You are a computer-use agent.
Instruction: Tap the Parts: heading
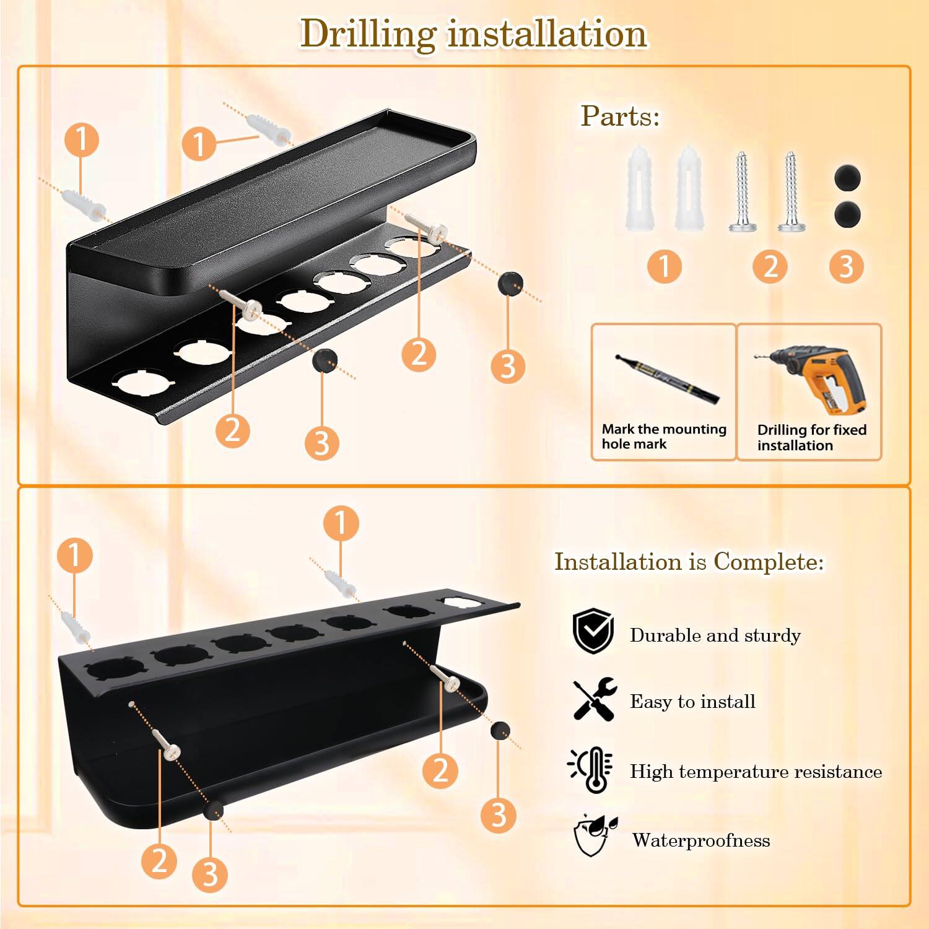point(620,116)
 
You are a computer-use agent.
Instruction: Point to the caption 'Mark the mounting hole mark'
point(663,437)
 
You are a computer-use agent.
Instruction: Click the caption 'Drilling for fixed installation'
point(811,437)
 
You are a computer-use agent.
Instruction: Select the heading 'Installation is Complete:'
point(689,562)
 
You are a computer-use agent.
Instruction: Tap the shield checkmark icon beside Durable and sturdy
point(593,632)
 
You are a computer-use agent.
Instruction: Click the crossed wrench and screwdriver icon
point(594,699)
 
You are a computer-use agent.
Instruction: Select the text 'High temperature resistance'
point(756,771)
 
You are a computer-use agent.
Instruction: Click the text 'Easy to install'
point(692,701)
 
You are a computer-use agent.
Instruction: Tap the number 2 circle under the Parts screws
point(770,266)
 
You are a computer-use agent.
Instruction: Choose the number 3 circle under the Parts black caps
point(846,266)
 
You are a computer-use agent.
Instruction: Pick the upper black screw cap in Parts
point(847,178)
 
